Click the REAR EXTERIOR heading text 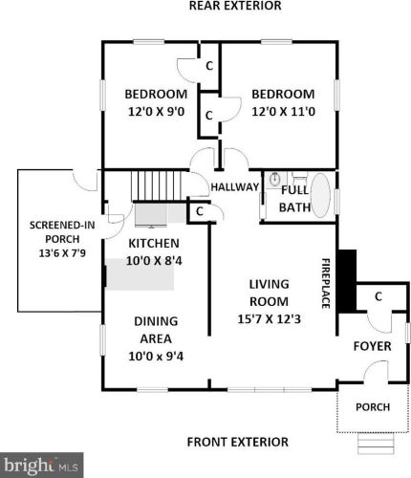[x=235, y=6]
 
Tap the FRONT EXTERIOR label [x=237, y=442]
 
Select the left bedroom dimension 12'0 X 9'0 [x=155, y=112]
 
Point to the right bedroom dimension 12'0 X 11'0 [x=282, y=112]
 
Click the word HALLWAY [x=235, y=186]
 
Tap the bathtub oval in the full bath [x=320, y=195]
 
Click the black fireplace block [x=347, y=281]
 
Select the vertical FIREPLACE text [x=325, y=282]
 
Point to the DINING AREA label [x=155, y=330]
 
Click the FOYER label [x=372, y=345]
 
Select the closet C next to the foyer [x=378, y=297]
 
